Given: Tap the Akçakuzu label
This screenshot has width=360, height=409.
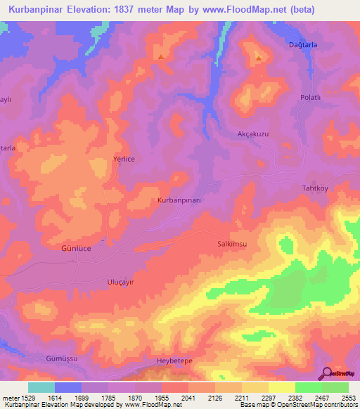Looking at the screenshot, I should (251, 132).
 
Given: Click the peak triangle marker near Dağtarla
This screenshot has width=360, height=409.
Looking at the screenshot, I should (259, 58).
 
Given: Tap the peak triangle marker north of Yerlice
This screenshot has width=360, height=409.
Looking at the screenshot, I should (162, 57).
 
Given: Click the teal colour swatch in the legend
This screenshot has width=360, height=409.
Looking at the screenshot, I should (41, 387).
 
